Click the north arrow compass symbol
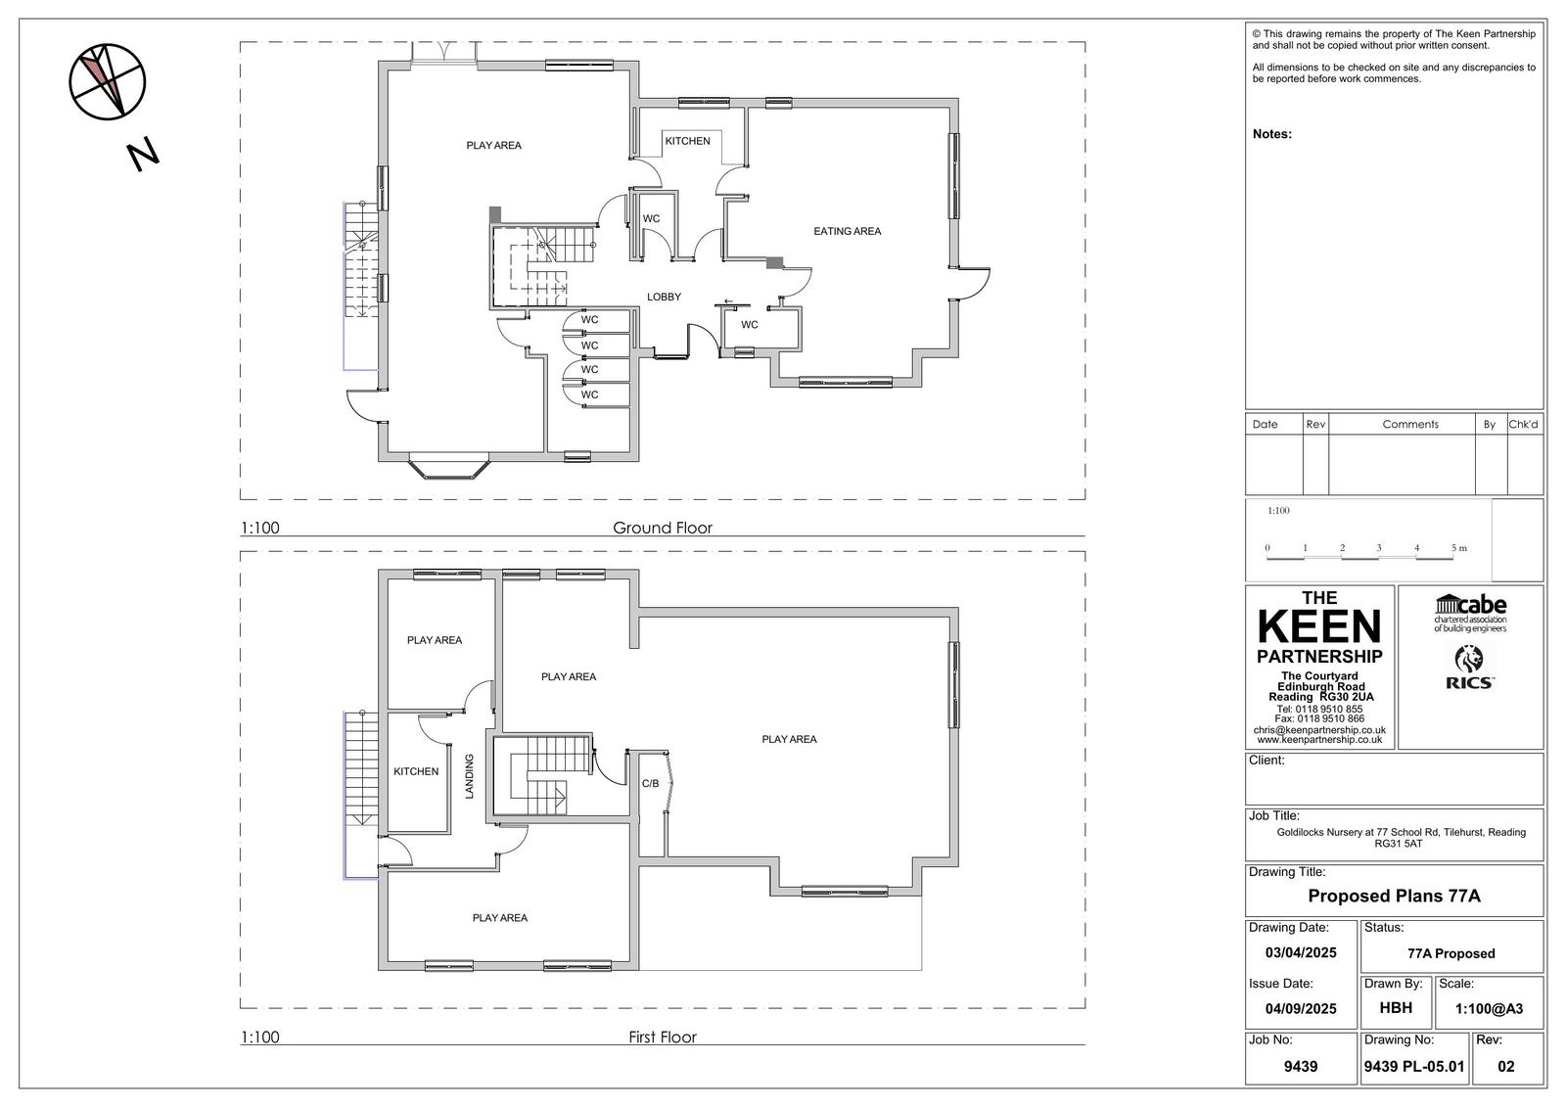[107, 82]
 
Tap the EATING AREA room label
[847, 231]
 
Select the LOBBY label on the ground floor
[664, 297]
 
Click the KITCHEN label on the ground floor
[687, 141]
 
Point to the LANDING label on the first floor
[469, 776]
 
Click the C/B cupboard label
[650, 783]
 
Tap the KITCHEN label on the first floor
[416, 771]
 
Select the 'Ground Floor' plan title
[662, 528]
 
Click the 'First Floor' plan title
[662, 1037]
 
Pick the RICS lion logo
[1469, 668]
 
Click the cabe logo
[1470, 614]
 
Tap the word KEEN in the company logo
[1319, 626]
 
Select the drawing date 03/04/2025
[1301, 952]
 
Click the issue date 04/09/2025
[1301, 1008]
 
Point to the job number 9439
[1301, 1067]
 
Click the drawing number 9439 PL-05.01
[1413, 1067]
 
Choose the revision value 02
[1506, 1067]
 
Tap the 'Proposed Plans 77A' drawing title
[1394, 896]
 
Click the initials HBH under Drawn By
[1396, 1008]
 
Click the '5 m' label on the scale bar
[1459, 547]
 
